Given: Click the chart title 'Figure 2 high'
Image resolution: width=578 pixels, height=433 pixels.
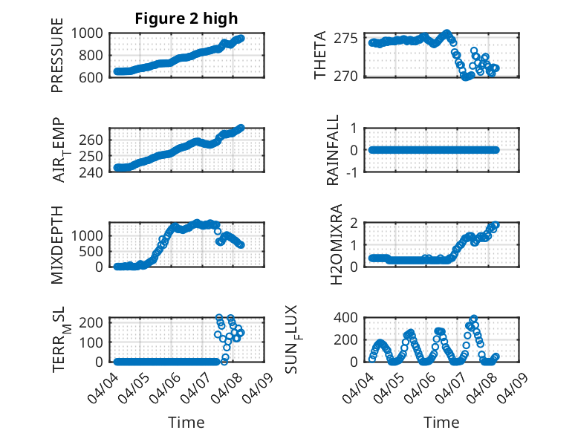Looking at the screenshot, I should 186,19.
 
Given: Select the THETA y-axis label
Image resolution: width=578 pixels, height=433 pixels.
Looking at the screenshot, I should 321,56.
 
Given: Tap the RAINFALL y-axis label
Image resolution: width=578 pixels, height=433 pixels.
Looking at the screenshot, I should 334,151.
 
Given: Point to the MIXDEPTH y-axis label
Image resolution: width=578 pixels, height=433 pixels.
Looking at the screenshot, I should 58,245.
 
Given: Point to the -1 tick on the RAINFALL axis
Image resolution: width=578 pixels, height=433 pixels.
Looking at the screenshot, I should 354,172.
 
